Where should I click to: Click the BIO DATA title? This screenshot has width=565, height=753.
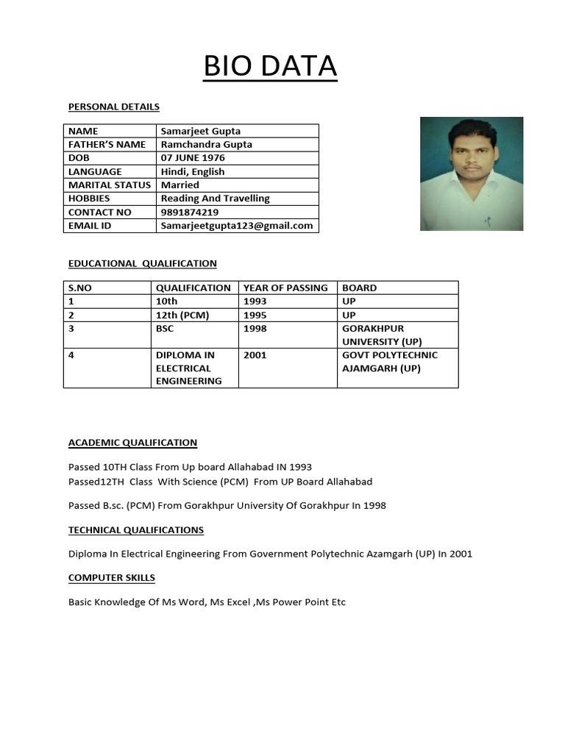tap(270, 66)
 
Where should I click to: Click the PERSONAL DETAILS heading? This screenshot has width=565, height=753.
tap(114, 107)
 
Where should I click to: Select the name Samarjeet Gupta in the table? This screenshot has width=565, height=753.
tap(201, 131)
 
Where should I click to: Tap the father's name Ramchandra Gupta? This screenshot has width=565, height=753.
tap(207, 144)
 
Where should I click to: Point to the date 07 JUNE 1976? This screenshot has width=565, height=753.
tap(193, 157)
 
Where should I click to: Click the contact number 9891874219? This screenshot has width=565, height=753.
tap(189, 212)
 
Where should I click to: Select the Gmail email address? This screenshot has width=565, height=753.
tap(237, 225)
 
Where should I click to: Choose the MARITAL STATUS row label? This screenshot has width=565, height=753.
tap(110, 185)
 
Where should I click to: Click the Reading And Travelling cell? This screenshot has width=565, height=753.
tap(216, 198)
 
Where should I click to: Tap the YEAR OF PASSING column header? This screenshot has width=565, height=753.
tap(285, 288)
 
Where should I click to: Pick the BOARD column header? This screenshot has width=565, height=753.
tap(359, 288)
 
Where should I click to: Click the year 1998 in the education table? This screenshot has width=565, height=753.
tap(255, 328)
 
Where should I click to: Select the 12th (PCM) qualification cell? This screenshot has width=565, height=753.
tap(182, 315)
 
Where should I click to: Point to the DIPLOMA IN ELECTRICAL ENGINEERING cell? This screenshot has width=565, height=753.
tap(189, 368)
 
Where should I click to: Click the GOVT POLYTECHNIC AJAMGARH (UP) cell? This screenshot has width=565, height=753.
tap(390, 361)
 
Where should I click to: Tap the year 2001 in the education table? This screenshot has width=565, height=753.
tap(255, 354)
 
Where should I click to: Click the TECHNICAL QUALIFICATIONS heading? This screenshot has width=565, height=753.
tap(136, 529)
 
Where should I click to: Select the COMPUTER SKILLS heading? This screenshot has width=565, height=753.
tap(112, 577)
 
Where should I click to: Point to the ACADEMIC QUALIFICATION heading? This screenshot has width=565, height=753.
tap(133, 442)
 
